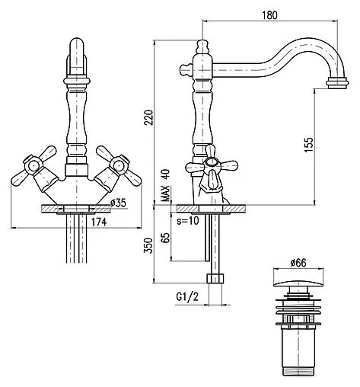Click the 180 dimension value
[269, 15]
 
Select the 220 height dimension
[148, 117]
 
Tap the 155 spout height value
[309, 145]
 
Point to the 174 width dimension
[99, 222]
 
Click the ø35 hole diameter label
[118, 203]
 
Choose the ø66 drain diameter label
[298, 263]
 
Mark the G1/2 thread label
[187, 296]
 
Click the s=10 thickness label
[188, 221]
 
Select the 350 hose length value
[148, 245]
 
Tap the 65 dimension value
[166, 238]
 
